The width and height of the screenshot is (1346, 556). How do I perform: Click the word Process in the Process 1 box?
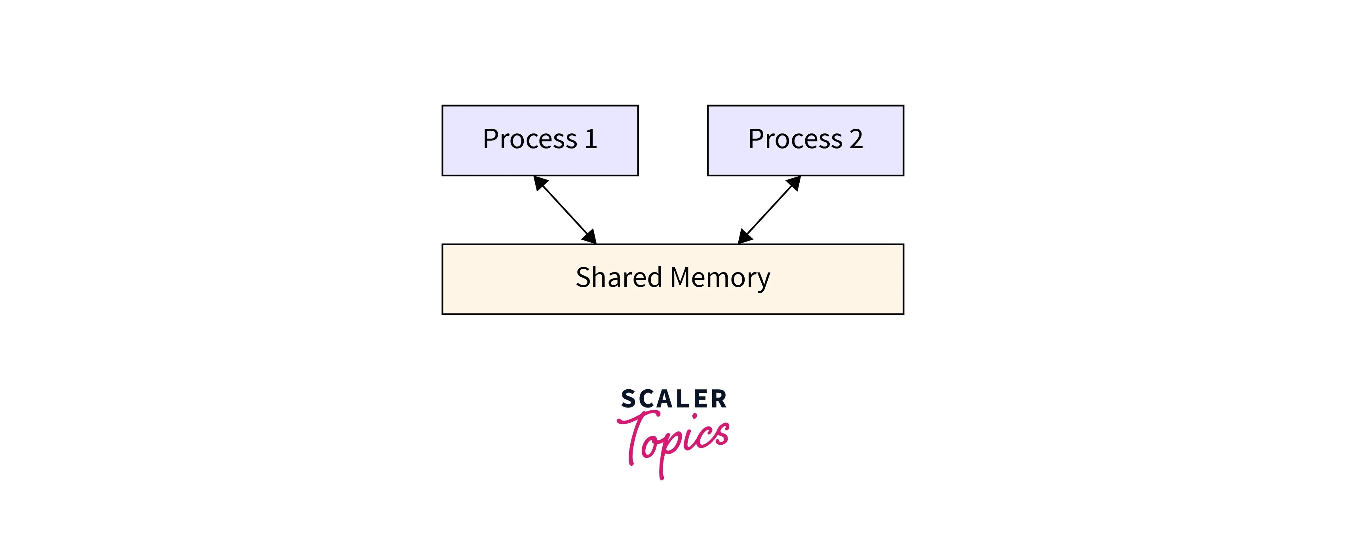coord(530,139)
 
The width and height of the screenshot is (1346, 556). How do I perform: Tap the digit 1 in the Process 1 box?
coord(591,139)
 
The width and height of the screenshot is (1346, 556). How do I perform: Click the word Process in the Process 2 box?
coord(795,139)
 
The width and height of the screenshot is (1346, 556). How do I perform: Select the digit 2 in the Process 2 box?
coord(856,139)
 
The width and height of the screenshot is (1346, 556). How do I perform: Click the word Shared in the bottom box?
coord(619,278)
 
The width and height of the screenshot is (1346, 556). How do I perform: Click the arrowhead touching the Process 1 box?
coord(540,183)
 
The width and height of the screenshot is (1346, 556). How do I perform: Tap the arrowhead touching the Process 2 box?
coord(794,183)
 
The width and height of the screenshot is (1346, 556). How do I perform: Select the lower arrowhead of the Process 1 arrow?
coord(590,237)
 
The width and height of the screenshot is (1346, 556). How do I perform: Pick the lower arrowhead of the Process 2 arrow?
coord(744,237)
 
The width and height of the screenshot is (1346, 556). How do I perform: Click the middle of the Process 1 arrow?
coord(565,210)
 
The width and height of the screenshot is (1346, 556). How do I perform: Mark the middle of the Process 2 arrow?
coord(769,210)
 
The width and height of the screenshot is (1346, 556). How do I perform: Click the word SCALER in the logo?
coord(673,399)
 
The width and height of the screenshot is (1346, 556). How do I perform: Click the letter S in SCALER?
coord(628,399)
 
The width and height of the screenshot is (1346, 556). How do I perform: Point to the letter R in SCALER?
coord(719,399)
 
